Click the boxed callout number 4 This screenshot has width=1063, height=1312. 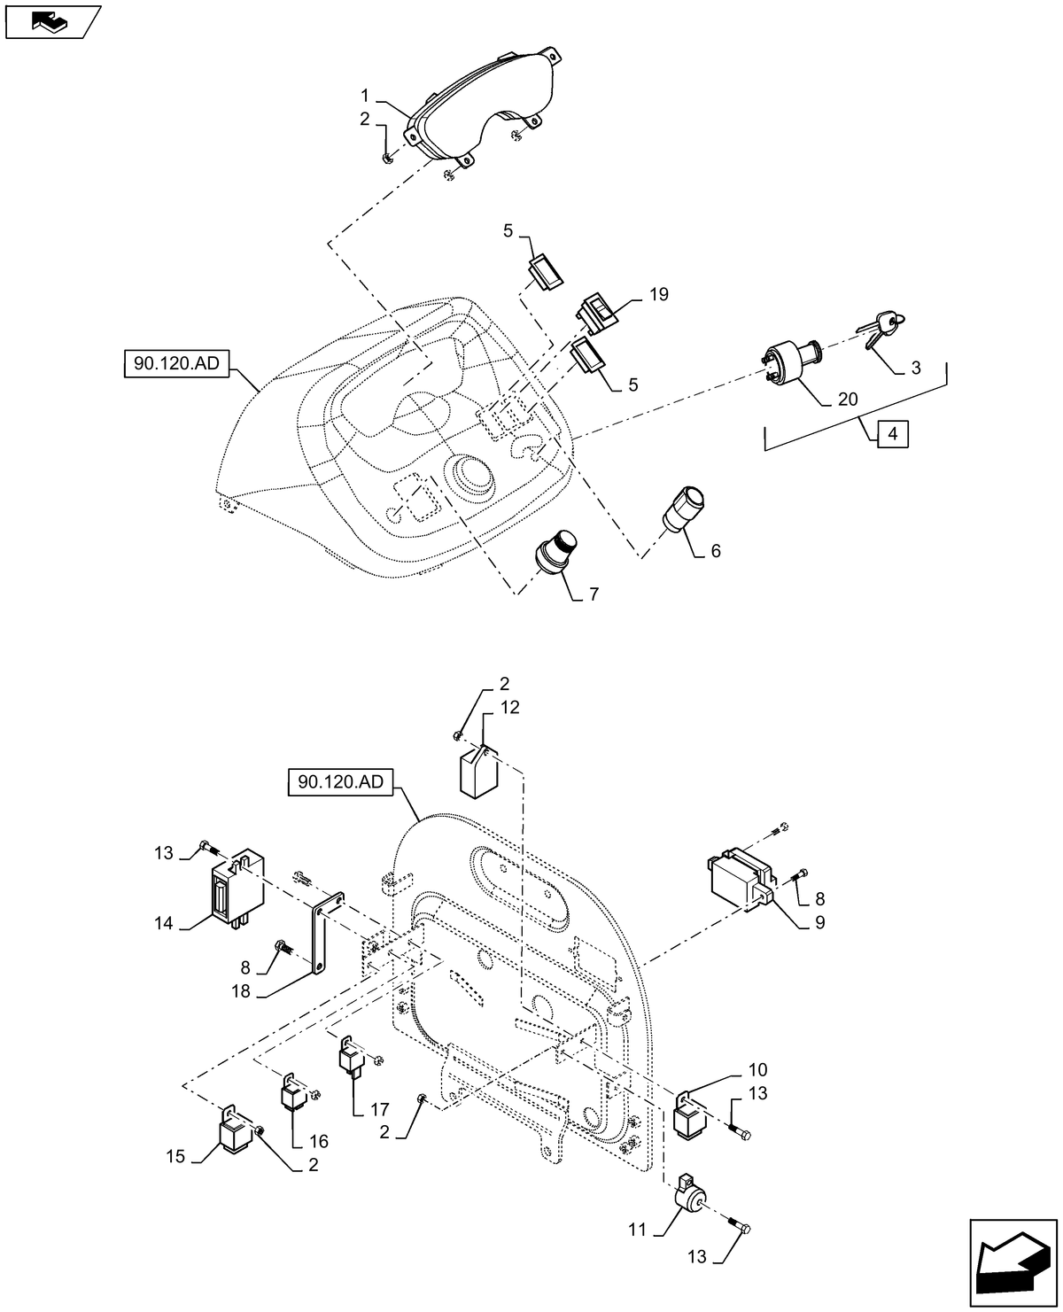[x=893, y=435]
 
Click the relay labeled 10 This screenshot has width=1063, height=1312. [x=690, y=1117]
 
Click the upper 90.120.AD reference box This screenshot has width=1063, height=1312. [x=177, y=363]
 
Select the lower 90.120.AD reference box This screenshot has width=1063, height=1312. [x=341, y=783]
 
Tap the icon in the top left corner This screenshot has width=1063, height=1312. [x=51, y=22]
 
